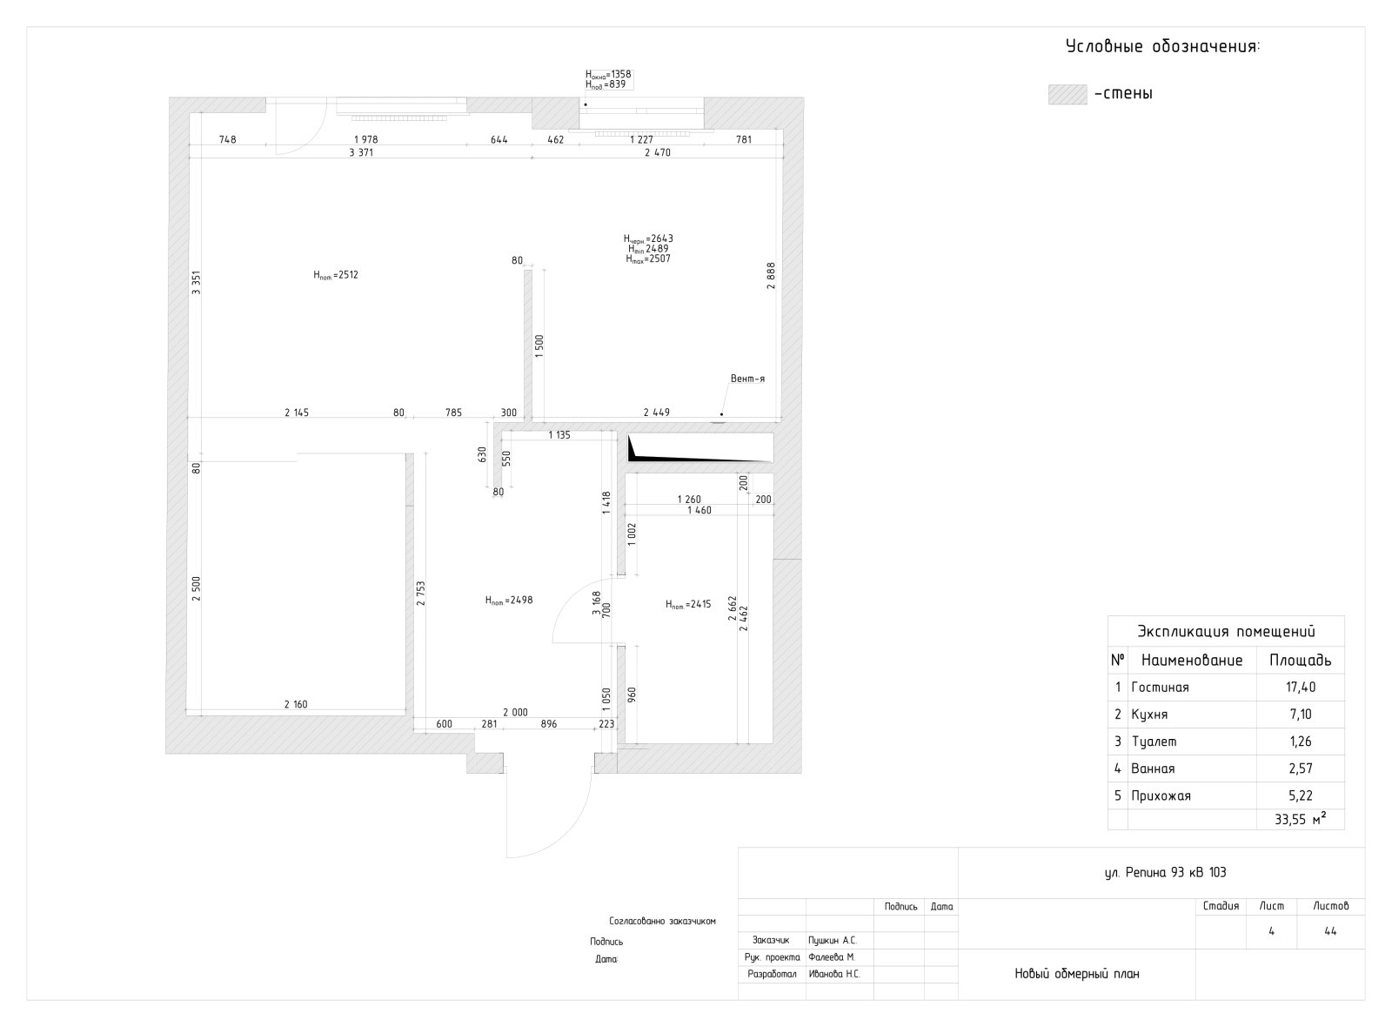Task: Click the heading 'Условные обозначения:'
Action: [1162, 47]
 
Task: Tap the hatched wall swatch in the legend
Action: [1067, 95]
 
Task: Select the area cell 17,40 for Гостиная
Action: [1301, 687]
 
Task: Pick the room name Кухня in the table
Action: [1149, 715]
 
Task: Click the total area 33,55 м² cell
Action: [1300, 819]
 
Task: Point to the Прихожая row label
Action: [1161, 795]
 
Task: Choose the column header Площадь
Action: [1300, 661]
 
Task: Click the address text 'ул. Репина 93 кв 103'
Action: [1165, 872]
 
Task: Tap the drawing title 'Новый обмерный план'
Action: [1077, 974]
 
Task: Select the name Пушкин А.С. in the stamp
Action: [832, 941]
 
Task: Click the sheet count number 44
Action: [1330, 931]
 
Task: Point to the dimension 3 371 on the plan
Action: [361, 152]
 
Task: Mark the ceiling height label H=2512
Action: [336, 275]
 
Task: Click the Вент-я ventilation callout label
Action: [747, 379]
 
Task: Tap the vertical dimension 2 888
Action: [771, 275]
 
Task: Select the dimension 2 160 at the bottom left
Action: [296, 704]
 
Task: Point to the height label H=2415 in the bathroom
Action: [688, 604]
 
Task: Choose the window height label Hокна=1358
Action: [608, 74]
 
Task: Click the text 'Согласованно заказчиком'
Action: [662, 922]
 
